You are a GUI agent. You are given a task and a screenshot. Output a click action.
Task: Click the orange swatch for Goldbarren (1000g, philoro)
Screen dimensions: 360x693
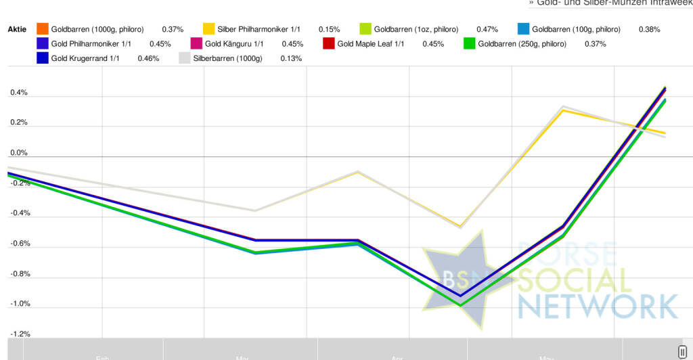point(43,30)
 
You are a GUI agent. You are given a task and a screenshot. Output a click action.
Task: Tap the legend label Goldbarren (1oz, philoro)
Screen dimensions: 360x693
point(416,30)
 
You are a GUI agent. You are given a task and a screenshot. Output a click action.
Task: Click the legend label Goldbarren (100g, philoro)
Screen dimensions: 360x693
point(576,30)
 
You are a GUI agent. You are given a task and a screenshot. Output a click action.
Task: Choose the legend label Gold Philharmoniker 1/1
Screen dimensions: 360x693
point(91,44)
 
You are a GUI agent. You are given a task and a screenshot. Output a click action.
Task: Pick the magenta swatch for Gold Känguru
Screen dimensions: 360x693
point(196,44)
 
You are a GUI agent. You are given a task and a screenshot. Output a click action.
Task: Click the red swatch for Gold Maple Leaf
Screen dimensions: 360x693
point(330,44)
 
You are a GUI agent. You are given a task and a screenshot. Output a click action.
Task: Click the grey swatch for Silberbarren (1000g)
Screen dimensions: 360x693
point(184,58)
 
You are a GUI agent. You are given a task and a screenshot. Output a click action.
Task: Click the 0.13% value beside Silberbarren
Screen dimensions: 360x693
point(291,58)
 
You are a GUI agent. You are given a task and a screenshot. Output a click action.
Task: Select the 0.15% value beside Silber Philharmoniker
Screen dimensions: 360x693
point(329,30)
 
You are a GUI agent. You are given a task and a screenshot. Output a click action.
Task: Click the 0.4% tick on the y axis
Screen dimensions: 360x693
point(19,93)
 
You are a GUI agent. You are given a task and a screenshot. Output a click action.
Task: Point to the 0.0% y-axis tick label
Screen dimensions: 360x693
point(19,153)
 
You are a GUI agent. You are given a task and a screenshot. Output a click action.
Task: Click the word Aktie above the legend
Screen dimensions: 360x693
point(17,30)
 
